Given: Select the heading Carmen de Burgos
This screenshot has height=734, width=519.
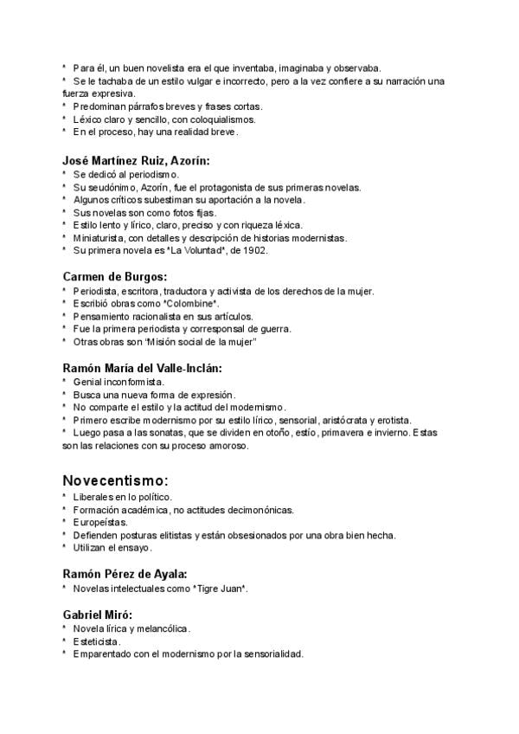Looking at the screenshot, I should [114, 277].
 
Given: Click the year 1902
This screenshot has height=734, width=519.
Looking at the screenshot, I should [257, 250].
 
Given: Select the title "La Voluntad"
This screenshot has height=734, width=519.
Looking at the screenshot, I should [198, 250].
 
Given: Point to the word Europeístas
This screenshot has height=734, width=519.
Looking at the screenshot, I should [100, 522].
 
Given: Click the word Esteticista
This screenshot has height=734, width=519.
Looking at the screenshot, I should [97, 641].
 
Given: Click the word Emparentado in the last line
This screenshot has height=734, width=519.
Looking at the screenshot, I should [105, 654].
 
